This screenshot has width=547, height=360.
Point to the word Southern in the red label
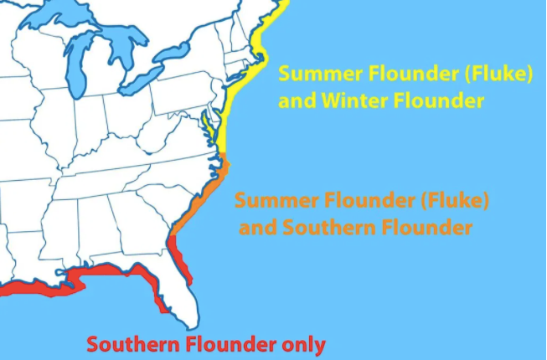pyautogui.click(x=132, y=344)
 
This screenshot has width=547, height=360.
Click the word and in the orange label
pyautogui.click(x=259, y=228)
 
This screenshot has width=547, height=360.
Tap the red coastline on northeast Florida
pyautogui.click(x=176, y=251)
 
